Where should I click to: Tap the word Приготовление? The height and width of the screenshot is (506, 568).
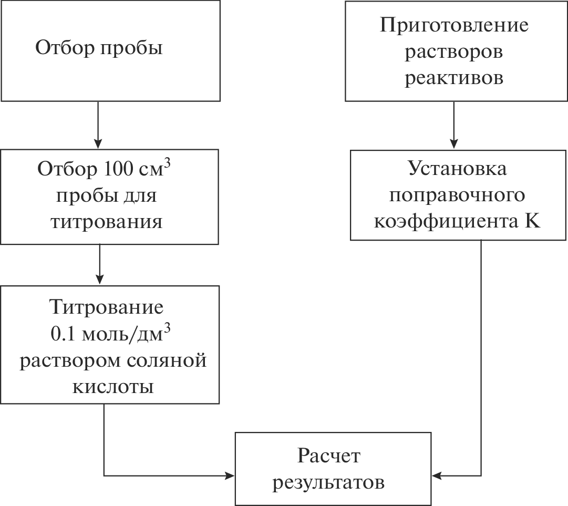tap(454, 25)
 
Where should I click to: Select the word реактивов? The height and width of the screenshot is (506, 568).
tap(454, 78)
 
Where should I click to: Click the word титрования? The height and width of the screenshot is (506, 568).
tap(106, 221)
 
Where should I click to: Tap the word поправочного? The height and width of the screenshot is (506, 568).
tap(457, 195)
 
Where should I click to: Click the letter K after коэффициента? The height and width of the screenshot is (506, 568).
tap(532, 221)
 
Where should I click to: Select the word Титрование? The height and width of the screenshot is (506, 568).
tap(106, 306)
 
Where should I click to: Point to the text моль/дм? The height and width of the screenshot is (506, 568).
tap(122, 334)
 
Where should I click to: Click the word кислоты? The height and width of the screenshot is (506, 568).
tap(112, 387)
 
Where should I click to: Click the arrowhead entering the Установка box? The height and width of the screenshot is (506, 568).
tap(454, 144)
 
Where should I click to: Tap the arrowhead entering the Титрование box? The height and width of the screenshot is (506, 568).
tap(98, 279)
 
